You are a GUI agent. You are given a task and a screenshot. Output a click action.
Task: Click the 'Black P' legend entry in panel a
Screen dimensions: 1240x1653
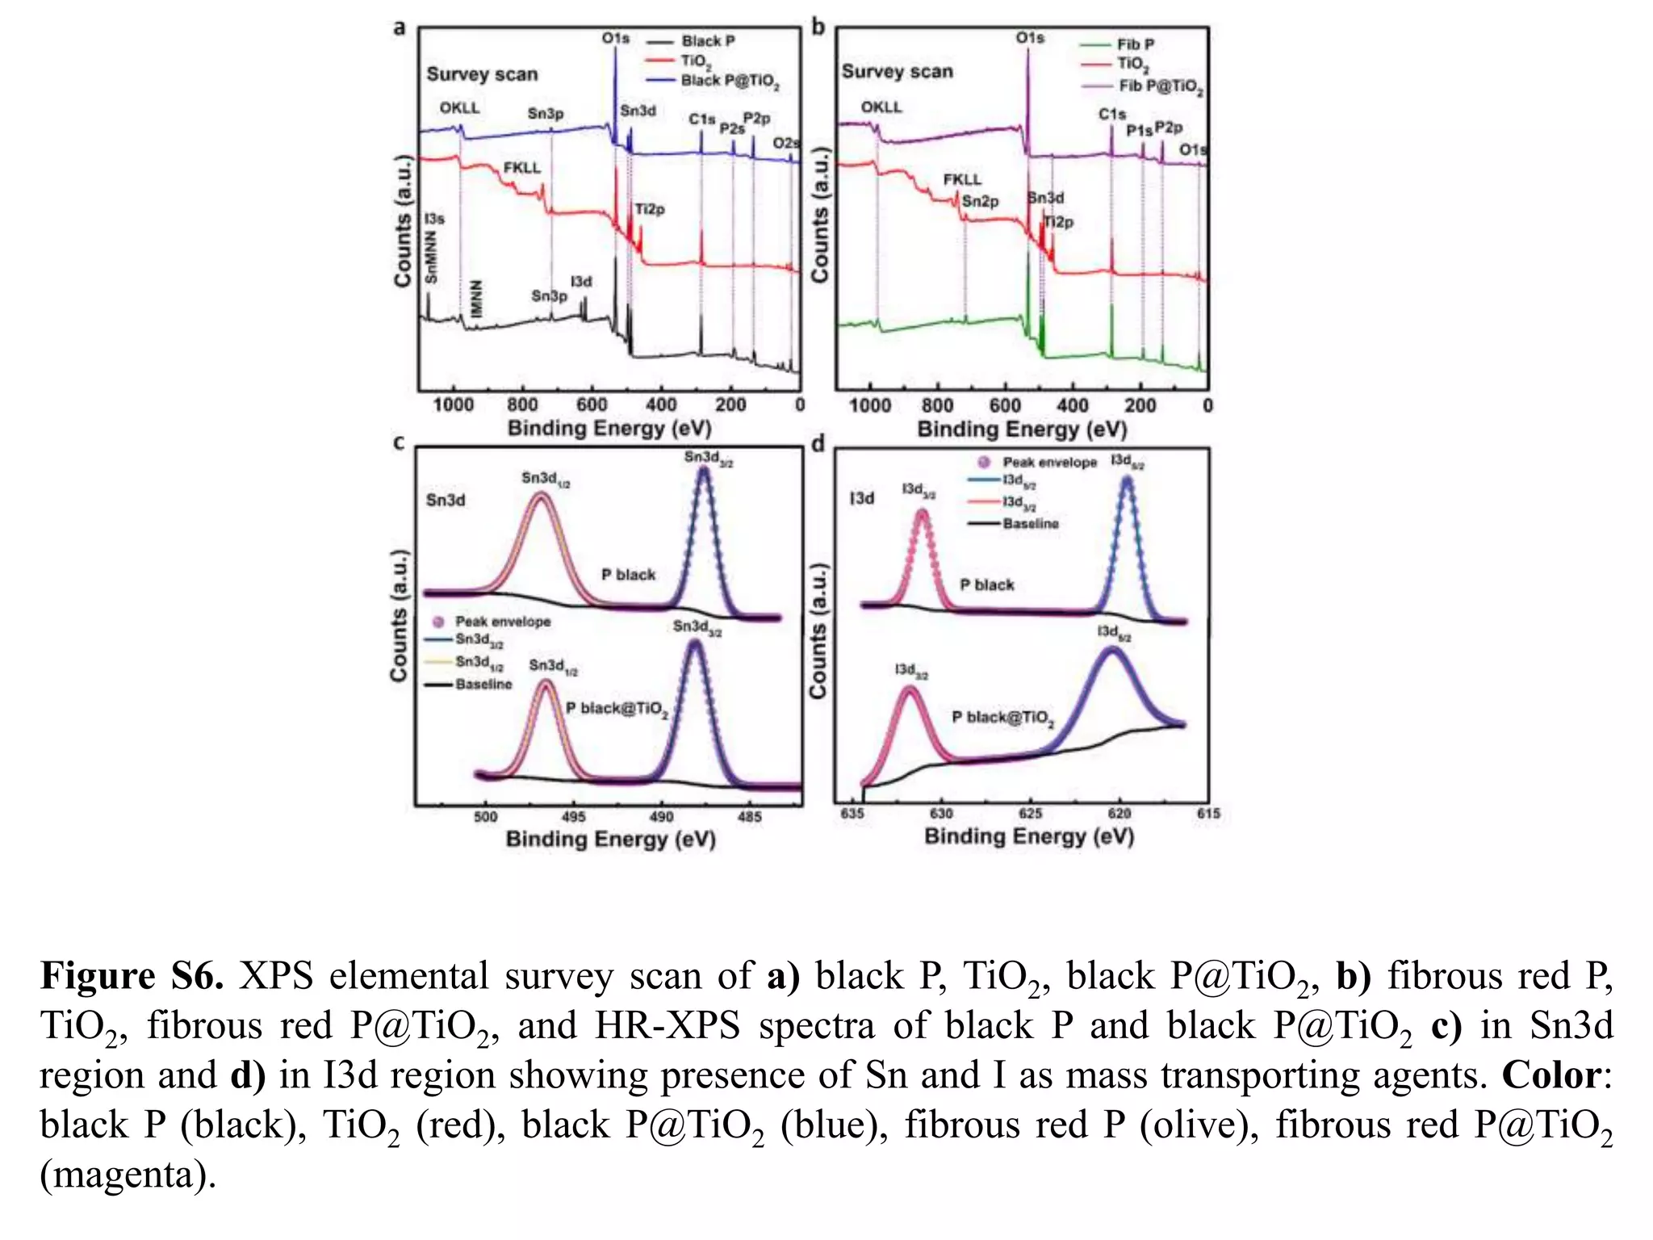(708, 41)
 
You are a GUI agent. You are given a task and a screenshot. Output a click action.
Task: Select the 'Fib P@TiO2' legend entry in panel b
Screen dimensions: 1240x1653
(1161, 86)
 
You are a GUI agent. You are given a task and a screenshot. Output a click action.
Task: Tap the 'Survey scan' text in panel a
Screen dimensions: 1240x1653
(482, 74)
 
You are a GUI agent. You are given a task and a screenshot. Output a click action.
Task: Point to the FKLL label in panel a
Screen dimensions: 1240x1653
(522, 168)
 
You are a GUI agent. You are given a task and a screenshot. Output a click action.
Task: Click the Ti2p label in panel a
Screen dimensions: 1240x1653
(649, 209)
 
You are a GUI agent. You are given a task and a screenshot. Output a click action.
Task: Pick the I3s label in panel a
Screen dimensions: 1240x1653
(434, 219)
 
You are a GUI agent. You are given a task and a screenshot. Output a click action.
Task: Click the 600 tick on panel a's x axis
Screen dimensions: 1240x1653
(592, 404)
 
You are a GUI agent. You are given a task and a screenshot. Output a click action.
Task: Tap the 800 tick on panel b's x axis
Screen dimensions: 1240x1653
(937, 405)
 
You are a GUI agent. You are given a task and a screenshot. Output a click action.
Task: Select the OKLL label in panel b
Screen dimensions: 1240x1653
(881, 107)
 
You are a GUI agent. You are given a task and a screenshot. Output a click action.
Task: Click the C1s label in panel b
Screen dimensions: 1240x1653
(1111, 115)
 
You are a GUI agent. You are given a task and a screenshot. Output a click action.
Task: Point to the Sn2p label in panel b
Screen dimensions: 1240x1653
(981, 201)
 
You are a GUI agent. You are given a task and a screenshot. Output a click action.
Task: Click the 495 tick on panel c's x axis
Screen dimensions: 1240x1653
(574, 817)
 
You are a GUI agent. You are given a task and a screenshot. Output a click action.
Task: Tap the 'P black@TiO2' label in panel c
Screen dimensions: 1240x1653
(617, 709)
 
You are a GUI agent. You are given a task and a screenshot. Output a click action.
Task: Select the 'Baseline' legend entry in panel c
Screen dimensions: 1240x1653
(483, 685)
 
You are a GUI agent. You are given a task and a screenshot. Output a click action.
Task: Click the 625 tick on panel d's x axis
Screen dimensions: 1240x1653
(1031, 814)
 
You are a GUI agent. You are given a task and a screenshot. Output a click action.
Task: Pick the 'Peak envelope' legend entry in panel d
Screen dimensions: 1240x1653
(1049, 463)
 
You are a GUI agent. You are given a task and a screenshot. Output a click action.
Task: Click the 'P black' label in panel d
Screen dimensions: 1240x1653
(986, 584)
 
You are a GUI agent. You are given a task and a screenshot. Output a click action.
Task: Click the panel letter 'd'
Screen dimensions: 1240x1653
(818, 443)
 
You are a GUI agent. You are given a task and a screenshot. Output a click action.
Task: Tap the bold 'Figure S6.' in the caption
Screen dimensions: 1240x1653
(132, 976)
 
